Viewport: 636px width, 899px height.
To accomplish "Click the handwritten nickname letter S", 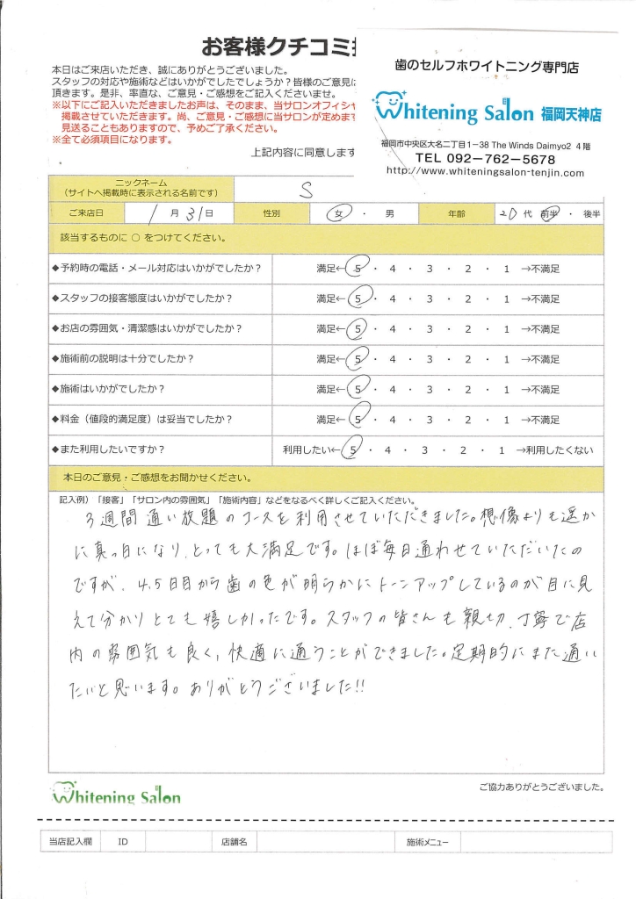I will [x=303, y=189].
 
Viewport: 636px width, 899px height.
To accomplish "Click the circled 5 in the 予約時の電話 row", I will [x=356, y=269].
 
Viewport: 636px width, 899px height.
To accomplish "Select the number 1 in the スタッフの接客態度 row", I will [x=506, y=298].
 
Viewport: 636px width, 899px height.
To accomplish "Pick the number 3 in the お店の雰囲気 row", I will [x=430, y=329].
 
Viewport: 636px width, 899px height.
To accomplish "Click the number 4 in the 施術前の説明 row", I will [x=393, y=359].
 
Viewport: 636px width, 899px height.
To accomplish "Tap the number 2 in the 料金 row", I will [x=468, y=420].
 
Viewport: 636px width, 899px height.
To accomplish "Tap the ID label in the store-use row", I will [x=123, y=842].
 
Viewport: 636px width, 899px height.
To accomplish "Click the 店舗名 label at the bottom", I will [x=234, y=842].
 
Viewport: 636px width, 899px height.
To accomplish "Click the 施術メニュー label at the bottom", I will [x=428, y=842].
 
